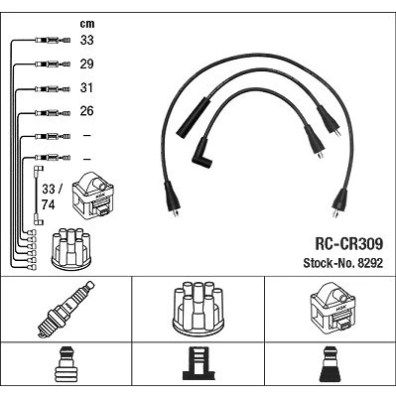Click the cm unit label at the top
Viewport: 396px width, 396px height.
pyautogui.click(x=87, y=24)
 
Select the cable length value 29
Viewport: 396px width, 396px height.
pyautogui.click(x=86, y=64)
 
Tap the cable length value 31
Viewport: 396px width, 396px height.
pyautogui.click(x=86, y=87)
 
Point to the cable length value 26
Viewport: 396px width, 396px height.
pyautogui.click(x=86, y=111)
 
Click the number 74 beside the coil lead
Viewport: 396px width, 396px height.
pyautogui.click(x=49, y=204)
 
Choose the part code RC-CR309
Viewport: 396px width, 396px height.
pyautogui.click(x=348, y=244)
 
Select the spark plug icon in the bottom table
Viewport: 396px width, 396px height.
pyautogui.click(x=66, y=310)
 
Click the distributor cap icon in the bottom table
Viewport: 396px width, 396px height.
pyautogui.click(x=198, y=308)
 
